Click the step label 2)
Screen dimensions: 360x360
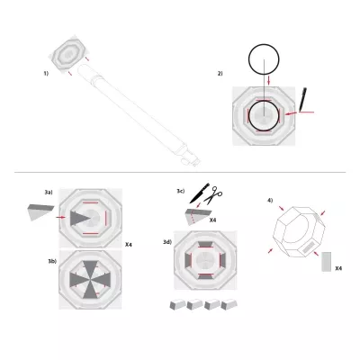220,74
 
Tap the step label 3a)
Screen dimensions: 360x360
49,193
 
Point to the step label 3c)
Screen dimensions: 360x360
181,191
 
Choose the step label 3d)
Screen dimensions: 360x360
166,242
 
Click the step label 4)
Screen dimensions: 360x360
270,199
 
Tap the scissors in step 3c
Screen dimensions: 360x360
217,193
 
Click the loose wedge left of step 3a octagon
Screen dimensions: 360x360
40,213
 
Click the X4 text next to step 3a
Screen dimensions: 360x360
129,245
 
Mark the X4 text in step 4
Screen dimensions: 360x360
337,268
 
